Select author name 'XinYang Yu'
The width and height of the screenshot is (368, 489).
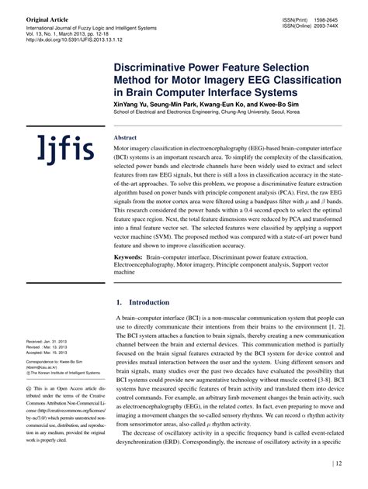[x=132, y=102]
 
